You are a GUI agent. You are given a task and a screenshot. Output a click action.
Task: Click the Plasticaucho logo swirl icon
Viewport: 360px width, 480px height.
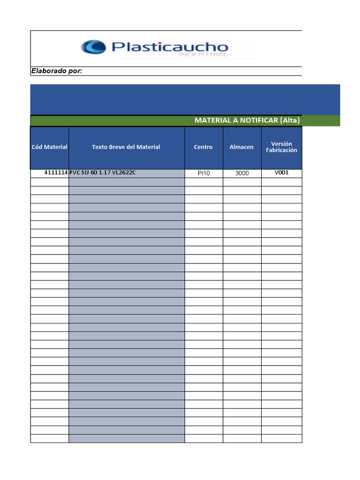(x=93, y=47)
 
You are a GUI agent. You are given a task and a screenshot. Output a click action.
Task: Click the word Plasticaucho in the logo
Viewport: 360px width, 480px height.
(x=170, y=47)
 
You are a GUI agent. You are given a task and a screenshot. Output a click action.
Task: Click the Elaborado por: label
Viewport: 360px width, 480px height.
(x=57, y=71)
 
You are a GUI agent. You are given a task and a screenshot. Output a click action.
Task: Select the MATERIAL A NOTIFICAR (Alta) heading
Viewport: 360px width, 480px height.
(x=247, y=120)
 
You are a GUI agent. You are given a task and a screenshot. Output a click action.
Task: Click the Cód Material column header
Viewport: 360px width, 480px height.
(x=50, y=147)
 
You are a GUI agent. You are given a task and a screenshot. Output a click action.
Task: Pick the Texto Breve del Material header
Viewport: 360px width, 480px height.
(x=126, y=147)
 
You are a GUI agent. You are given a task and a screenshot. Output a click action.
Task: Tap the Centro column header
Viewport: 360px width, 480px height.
(x=203, y=147)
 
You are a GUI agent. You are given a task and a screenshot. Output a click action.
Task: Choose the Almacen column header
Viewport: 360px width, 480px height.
(x=241, y=147)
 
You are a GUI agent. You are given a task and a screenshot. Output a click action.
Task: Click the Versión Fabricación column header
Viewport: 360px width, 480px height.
(x=282, y=147)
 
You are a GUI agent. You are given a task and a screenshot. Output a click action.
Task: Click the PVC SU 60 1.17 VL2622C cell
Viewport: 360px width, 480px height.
(x=103, y=173)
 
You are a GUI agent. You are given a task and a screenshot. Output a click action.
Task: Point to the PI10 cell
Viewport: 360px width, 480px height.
(x=204, y=173)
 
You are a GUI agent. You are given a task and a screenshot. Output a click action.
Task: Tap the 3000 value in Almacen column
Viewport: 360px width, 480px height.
(x=242, y=173)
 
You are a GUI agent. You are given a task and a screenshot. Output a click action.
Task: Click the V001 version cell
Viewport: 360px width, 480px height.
(x=282, y=172)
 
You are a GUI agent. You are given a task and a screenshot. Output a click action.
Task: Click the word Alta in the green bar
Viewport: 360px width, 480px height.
(x=290, y=120)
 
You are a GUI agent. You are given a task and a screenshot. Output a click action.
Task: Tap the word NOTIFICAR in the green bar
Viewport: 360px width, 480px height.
(x=258, y=120)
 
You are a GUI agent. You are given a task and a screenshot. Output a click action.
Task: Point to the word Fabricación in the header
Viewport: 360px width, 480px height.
(x=282, y=150)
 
